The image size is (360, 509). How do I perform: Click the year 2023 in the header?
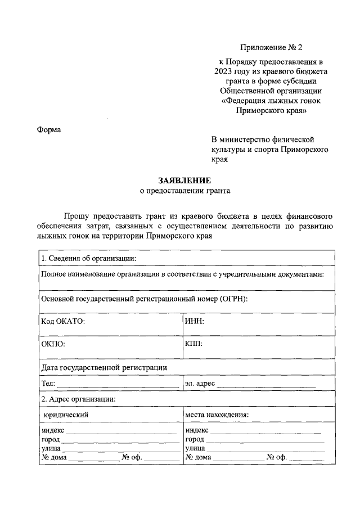click(224, 71)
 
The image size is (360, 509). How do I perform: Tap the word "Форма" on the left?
click(49, 130)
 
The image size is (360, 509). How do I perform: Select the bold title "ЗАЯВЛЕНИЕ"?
click(184, 181)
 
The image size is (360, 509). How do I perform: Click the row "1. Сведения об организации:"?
click(89, 259)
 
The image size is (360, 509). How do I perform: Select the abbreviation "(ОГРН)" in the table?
click(235, 299)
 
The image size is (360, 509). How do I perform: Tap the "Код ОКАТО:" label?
click(63, 321)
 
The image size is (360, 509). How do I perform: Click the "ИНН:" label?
click(194, 321)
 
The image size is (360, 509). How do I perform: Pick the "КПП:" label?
click(193, 343)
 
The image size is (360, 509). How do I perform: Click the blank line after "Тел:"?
click(118, 385)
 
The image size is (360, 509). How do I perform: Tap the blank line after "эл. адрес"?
click(266, 385)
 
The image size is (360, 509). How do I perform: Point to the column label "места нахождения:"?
click(217, 415)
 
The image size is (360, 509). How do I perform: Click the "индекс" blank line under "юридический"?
click(121, 431)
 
